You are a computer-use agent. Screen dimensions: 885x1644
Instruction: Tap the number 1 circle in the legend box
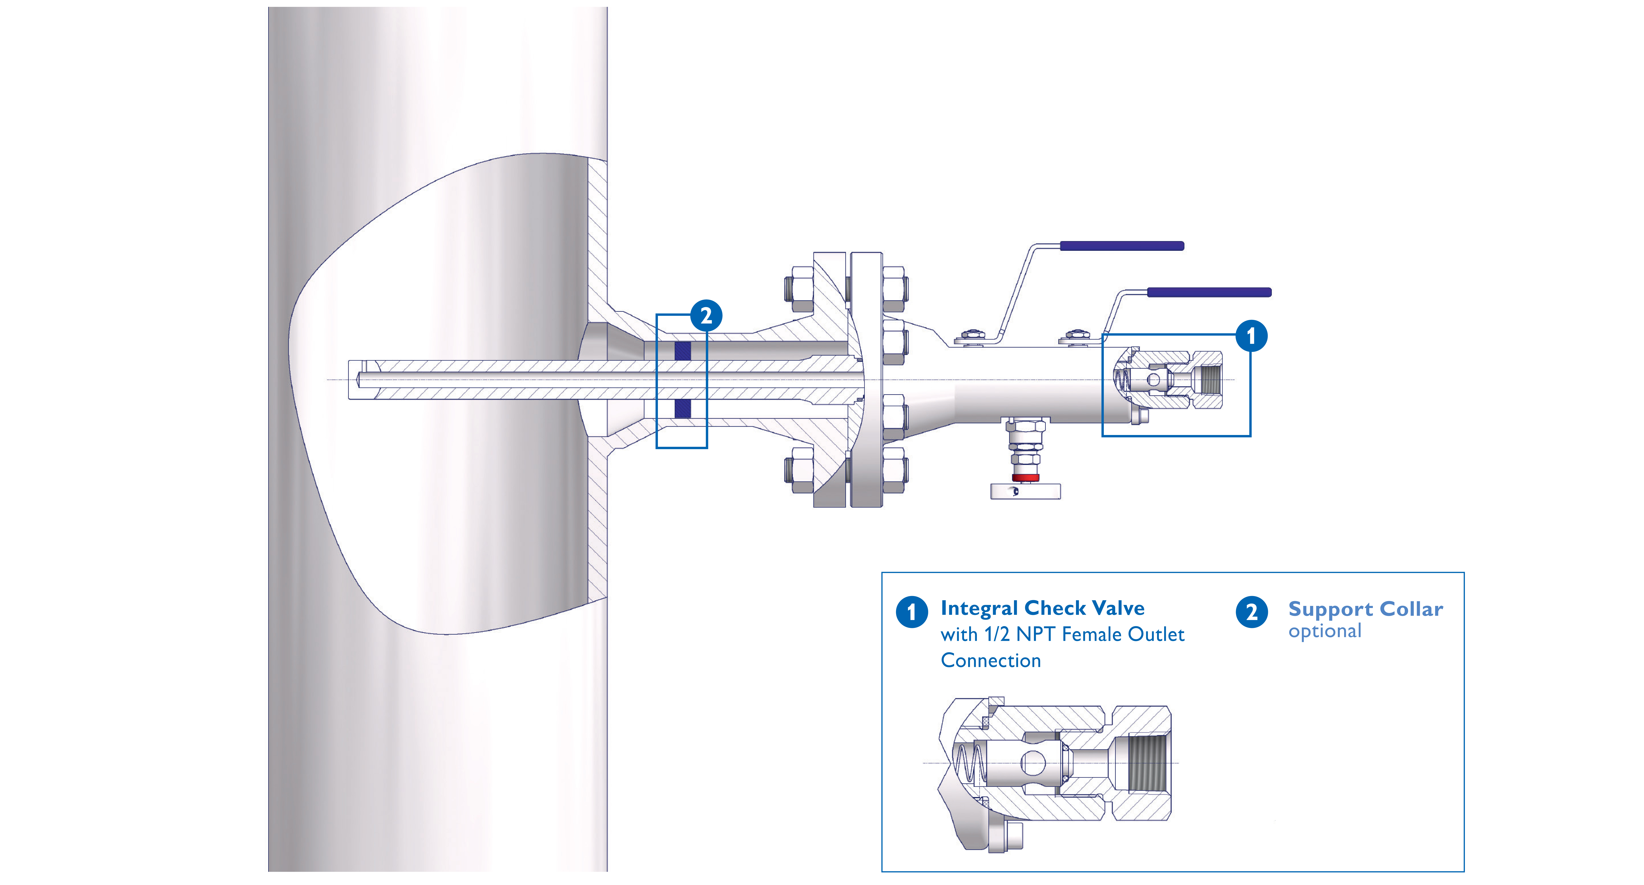point(911,612)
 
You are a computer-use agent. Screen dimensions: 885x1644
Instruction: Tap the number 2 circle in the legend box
point(1251,612)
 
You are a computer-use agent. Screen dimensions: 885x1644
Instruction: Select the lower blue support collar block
point(682,408)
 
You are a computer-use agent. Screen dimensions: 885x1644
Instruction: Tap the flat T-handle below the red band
point(1025,491)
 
